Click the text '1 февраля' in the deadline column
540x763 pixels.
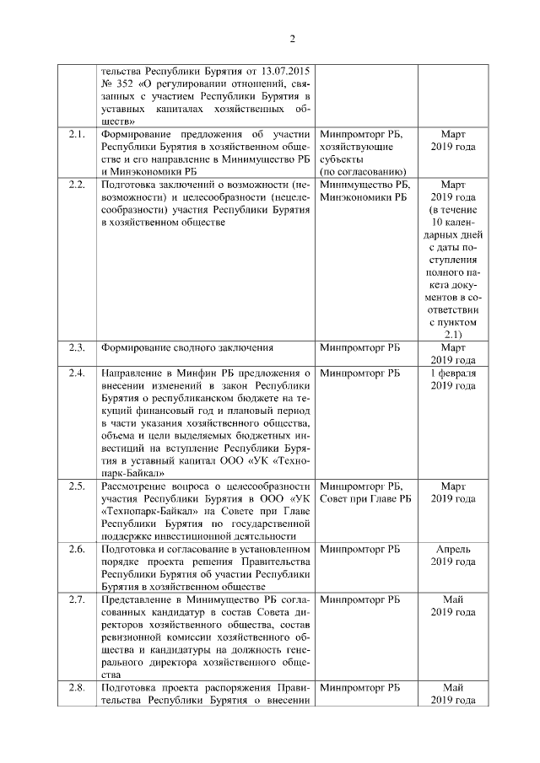click(453, 372)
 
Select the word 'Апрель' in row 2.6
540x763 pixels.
click(453, 550)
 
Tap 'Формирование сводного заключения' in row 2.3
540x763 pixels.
click(184, 347)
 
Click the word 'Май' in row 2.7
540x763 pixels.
click(453, 599)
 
